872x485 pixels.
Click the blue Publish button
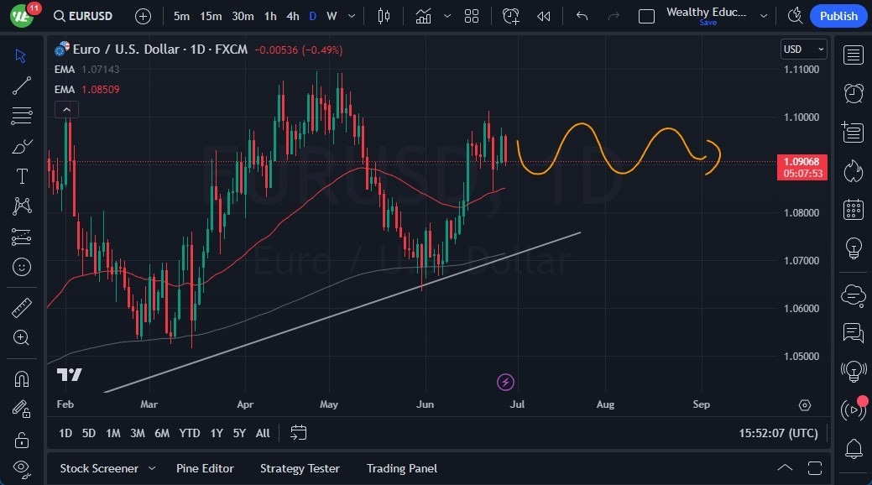pos(838,16)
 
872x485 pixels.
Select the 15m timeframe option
pos(211,16)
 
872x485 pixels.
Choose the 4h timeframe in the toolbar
pos(292,16)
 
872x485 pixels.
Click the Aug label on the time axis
pos(605,404)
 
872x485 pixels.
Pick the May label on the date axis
pos(329,404)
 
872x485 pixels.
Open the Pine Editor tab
pos(205,468)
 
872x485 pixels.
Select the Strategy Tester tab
pos(300,468)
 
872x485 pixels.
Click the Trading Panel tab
pos(402,468)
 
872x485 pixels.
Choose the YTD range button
pos(190,433)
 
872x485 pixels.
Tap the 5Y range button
pos(240,433)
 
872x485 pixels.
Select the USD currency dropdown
pos(803,50)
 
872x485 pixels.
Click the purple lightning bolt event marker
pos(505,383)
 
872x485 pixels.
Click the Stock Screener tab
pos(99,468)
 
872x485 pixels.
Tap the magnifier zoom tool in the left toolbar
pos(22,337)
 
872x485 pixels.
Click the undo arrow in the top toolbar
pos(582,16)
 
